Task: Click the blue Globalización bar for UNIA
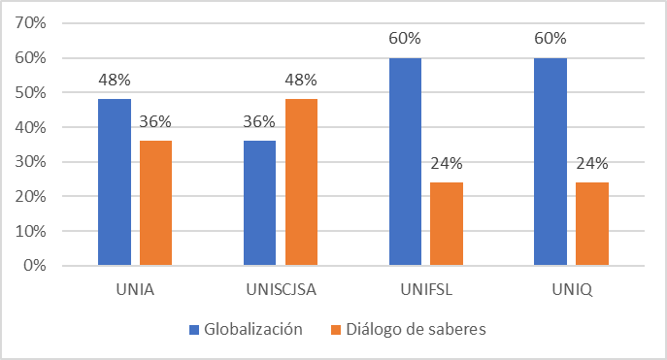115,182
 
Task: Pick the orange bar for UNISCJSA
301,182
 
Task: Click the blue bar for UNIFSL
405,162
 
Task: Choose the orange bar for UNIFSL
446,224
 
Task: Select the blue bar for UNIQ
550,162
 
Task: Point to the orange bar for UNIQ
591,224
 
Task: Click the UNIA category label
135,288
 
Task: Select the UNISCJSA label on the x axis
281,288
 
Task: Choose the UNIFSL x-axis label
425,288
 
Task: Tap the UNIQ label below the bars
571,288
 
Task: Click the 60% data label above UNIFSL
405,39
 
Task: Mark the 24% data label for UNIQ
591,163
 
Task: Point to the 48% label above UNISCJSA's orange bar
301,80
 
